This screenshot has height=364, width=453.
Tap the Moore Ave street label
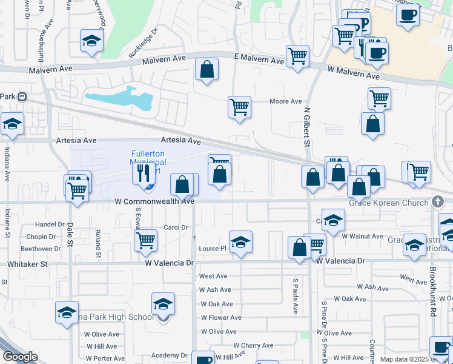click(285, 101)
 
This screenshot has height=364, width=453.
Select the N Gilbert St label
click(307, 127)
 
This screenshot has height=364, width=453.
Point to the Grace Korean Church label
click(388, 203)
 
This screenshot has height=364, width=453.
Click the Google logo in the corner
click(19, 357)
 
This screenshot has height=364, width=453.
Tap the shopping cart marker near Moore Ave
click(240, 107)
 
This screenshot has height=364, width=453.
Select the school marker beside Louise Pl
click(240, 241)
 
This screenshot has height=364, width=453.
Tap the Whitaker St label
click(27, 264)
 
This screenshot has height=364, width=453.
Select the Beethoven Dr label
click(38, 249)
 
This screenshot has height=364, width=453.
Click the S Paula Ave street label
click(296, 296)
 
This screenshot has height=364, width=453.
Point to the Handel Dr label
click(49, 224)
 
